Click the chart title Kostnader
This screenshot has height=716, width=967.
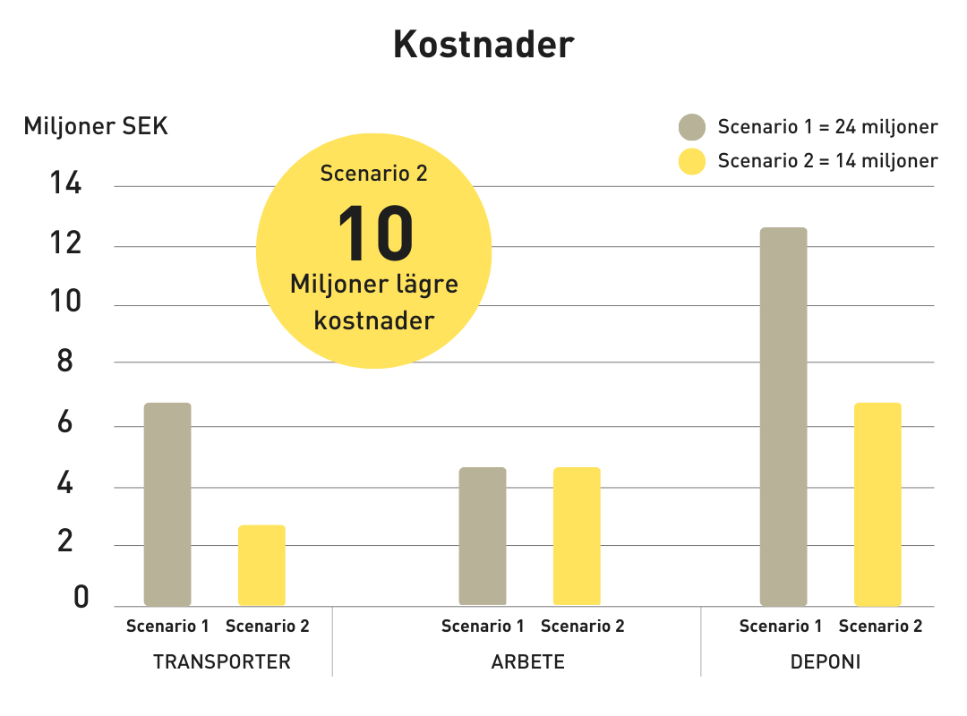point(483,45)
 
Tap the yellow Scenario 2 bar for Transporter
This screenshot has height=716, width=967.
point(261,566)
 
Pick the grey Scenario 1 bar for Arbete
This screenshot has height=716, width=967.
point(483,536)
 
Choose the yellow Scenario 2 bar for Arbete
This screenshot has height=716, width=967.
point(577,536)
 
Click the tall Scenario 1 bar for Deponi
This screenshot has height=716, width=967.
point(783,416)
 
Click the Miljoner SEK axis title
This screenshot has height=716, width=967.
point(96,126)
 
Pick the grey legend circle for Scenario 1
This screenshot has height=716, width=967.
point(692,127)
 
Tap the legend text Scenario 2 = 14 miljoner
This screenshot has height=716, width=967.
point(827,161)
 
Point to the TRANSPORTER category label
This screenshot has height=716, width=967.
point(222,662)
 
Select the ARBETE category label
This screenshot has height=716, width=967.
point(528,662)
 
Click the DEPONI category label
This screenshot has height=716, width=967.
point(826,662)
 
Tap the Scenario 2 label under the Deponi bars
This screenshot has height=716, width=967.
point(880,626)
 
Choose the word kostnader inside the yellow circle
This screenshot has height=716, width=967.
point(374,320)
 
